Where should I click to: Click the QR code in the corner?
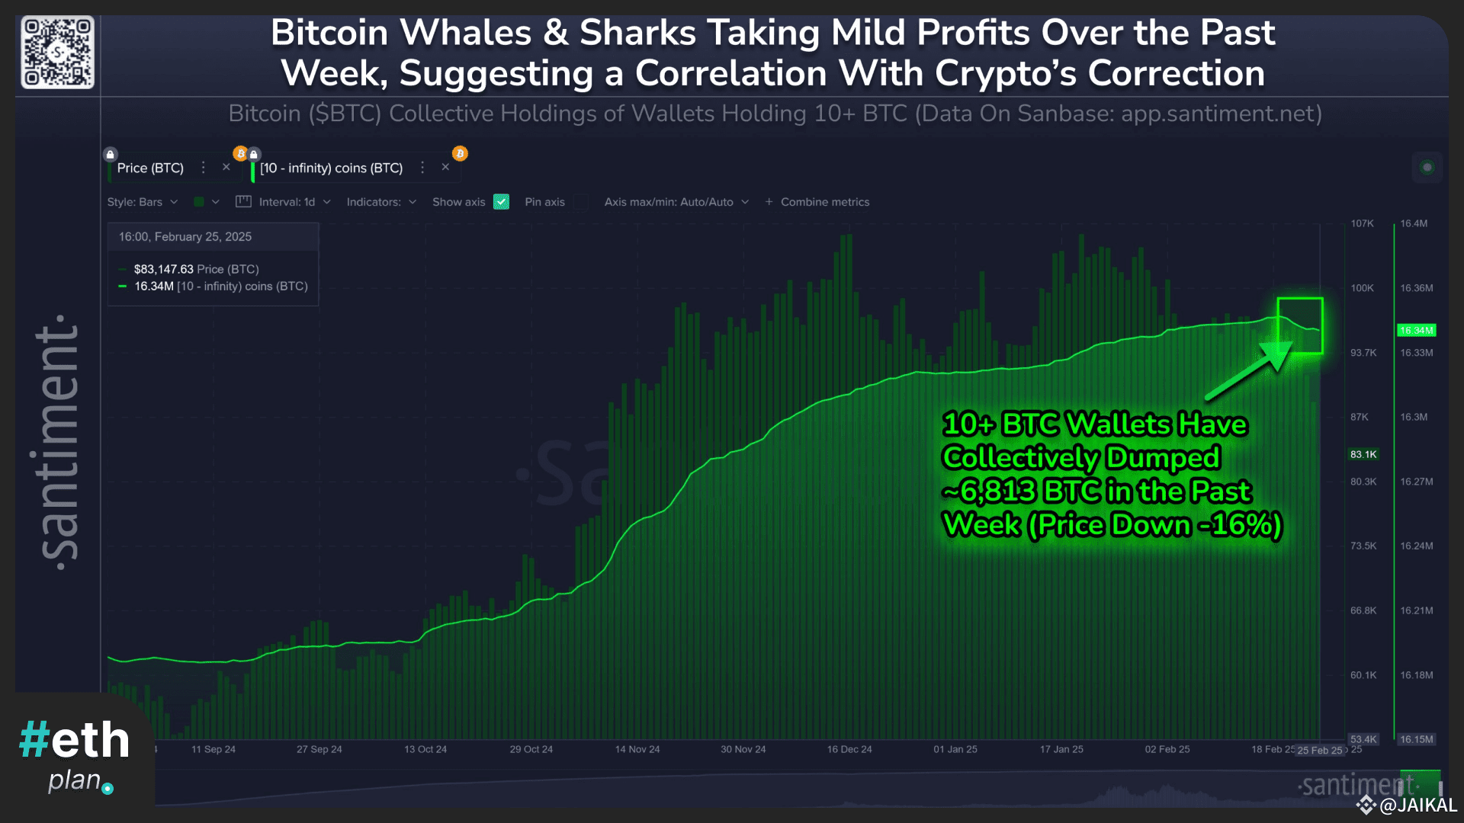[x=57, y=52]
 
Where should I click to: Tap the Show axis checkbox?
[x=501, y=202]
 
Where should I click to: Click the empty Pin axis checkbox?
[x=581, y=202]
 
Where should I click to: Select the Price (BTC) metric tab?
[x=150, y=168]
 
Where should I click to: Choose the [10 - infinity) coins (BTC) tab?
[x=331, y=168]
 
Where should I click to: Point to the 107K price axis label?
[x=1362, y=223]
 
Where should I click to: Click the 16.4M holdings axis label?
[x=1414, y=223]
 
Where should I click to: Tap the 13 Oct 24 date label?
[x=425, y=749]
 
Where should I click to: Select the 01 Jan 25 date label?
[x=955, y=749]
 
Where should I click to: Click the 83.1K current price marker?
[x=1363, y=454]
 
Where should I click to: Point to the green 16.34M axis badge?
[x=1416, y=330]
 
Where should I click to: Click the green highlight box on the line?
[x=1300, y=325]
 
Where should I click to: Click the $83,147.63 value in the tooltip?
[x=163, y=269]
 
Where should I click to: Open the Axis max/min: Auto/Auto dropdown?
[x=676, y=202]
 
